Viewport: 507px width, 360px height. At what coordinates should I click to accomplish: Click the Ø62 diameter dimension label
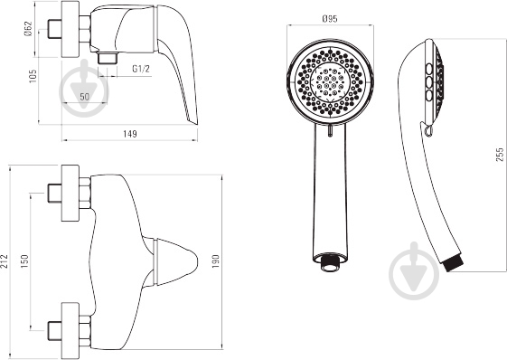click(28, 29)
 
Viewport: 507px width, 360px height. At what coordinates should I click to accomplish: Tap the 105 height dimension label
click(33, 76)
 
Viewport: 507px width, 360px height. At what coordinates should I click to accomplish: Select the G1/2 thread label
click(141, 69)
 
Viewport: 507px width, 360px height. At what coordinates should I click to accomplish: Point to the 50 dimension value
click(84, 97)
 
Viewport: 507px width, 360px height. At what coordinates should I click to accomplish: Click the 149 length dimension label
click(129, 134)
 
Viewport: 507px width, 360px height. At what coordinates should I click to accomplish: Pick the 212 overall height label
click(5, 261)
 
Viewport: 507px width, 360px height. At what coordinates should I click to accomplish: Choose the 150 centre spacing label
click(24, 261)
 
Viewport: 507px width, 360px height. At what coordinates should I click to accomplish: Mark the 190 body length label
click(215, 261)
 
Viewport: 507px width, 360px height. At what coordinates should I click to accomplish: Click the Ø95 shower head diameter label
click(330, 19)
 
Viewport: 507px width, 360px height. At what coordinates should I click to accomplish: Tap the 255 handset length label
click(500, 155)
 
